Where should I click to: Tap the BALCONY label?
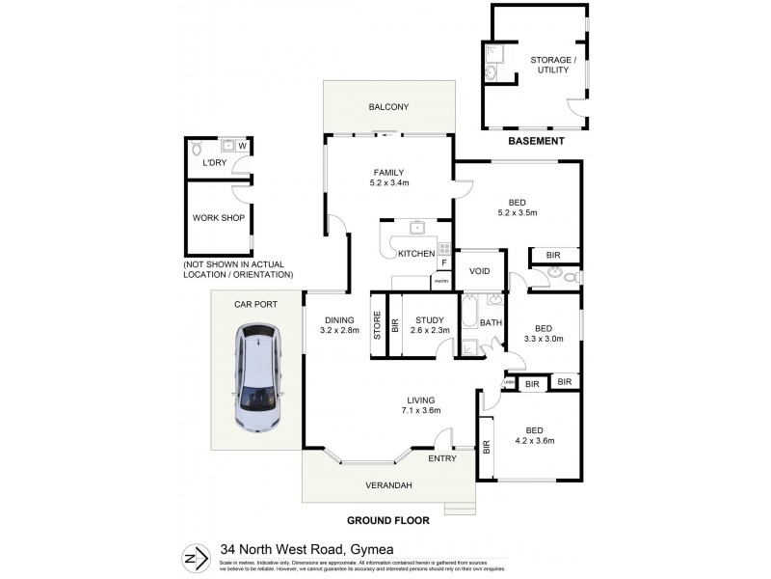[388, 107]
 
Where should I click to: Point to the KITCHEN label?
[416, 254]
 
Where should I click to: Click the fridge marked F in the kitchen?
[443, 262]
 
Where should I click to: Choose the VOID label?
[480, 270]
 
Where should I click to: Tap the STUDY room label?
[430, 320]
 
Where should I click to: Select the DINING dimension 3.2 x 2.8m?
[339, 331]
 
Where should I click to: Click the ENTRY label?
[442, 458]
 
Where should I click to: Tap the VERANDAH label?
[389, 484]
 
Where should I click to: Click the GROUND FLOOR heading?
[389, 520]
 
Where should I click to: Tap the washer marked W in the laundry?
[242, 147]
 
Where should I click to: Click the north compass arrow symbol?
[195, 557]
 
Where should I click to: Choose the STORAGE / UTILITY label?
[553, 65]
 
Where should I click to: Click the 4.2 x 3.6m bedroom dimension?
[533, 441]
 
